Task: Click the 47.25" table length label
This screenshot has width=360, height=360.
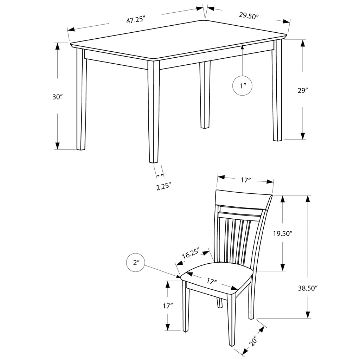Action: (x=136, y=20)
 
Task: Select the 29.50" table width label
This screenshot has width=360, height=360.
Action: (x=249, y=16)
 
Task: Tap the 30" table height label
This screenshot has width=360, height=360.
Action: (x=57, y=97)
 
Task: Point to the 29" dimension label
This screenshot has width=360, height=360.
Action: (x=303, y=90)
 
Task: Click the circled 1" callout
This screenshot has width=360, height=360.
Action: (x=243, y=86)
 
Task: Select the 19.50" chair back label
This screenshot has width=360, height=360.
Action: (x=283, y=233)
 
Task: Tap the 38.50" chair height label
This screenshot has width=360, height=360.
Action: (x=308, y=288)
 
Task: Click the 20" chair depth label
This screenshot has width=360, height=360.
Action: (x=254, y=340)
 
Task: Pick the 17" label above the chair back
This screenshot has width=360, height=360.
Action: (x=245, y=180)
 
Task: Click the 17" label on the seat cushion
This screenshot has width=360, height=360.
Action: (x=212, y=281)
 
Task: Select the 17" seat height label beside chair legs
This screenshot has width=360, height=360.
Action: (x=168, y=306)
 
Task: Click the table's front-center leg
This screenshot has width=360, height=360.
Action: (x=153, y=112)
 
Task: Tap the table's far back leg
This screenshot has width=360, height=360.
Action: (x=205, y=95)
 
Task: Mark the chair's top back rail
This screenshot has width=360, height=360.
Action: (x=243, y=200)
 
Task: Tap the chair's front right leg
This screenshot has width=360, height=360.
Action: (x=232, y=323)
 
